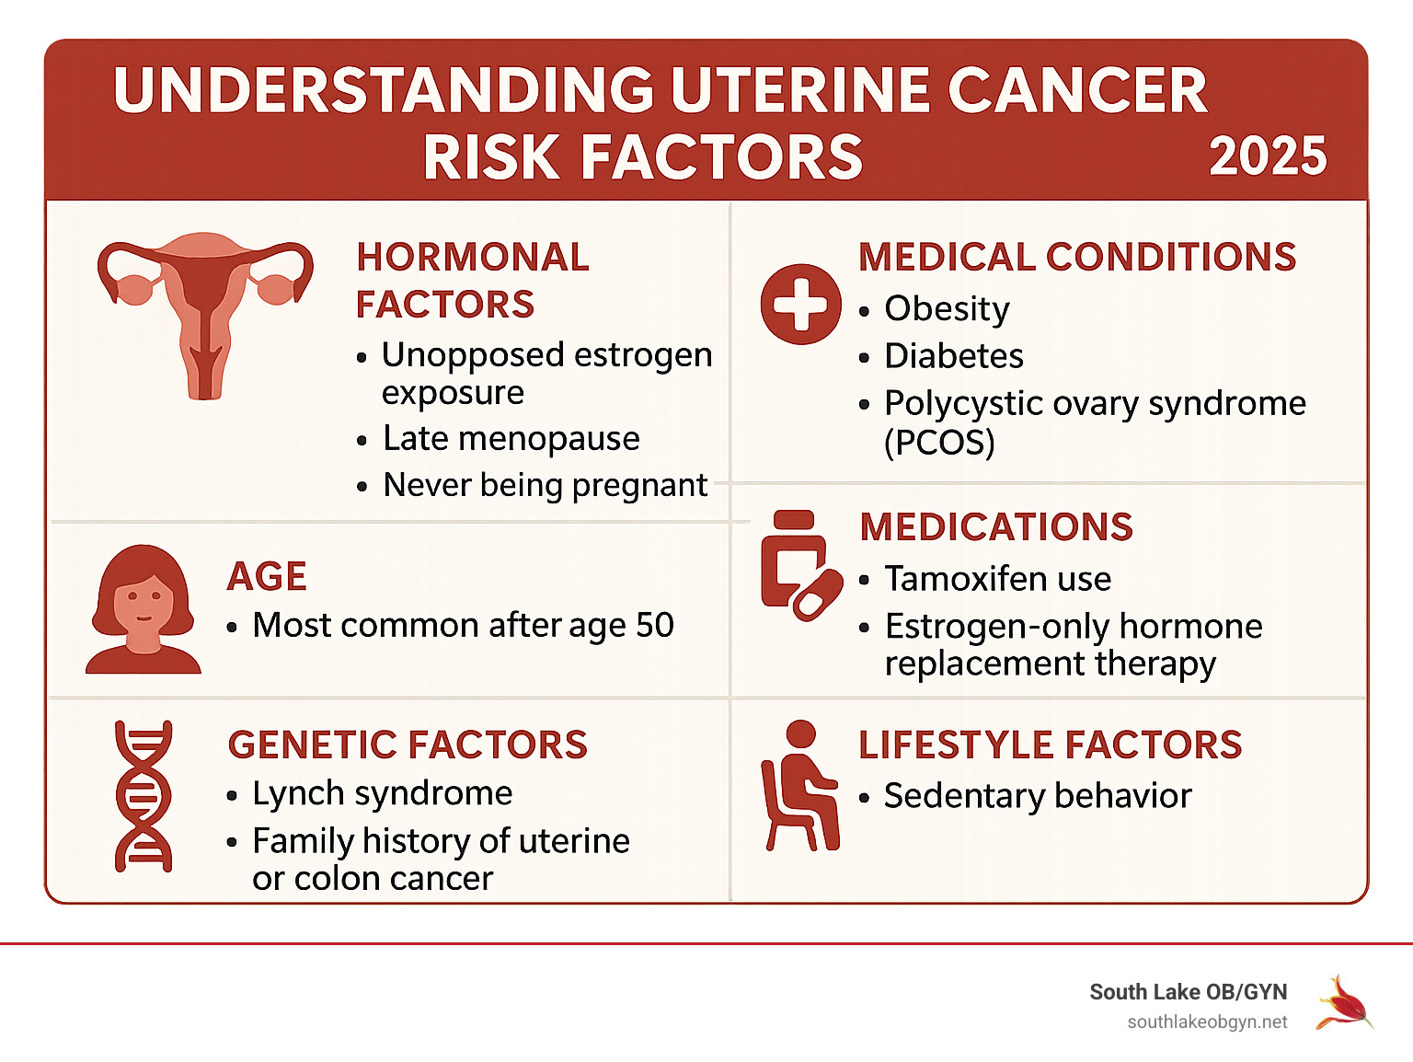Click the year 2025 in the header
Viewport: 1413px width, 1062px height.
click(1268, 156)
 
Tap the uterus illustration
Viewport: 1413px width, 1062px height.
click(205, 308)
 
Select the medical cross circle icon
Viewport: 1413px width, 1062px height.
click(800, 305)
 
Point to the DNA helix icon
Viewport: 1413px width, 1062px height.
click(144, 796)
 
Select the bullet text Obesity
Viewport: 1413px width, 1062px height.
click(947, 309)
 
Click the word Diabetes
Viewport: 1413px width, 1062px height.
click(954, 356)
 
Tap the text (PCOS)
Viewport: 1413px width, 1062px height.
click(939, 443)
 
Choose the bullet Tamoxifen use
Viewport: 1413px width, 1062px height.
click(997, 579)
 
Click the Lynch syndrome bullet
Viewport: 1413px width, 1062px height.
click(382, 793)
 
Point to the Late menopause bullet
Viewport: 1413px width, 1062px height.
click(511, 439)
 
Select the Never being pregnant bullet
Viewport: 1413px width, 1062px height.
click(545, 485)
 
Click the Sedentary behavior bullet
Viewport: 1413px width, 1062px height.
click(1037, 796)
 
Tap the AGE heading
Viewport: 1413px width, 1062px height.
click(267, 577)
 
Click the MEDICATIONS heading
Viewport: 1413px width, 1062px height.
click(996, 527)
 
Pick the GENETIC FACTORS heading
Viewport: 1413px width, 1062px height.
click(408, 745)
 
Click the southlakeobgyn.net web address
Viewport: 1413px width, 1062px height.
click(1207, 1022)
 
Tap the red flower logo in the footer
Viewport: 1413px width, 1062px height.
click(1344, 1003)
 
